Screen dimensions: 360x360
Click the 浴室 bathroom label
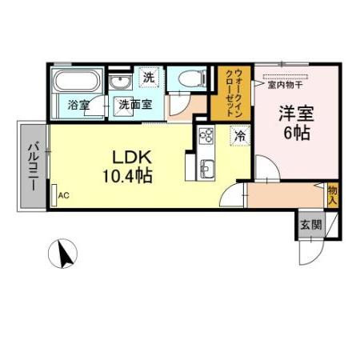(78, 104)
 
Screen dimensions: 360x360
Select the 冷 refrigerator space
(238, 137)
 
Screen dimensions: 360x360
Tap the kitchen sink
(205, 168)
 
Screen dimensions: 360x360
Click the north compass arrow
(63, 254)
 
